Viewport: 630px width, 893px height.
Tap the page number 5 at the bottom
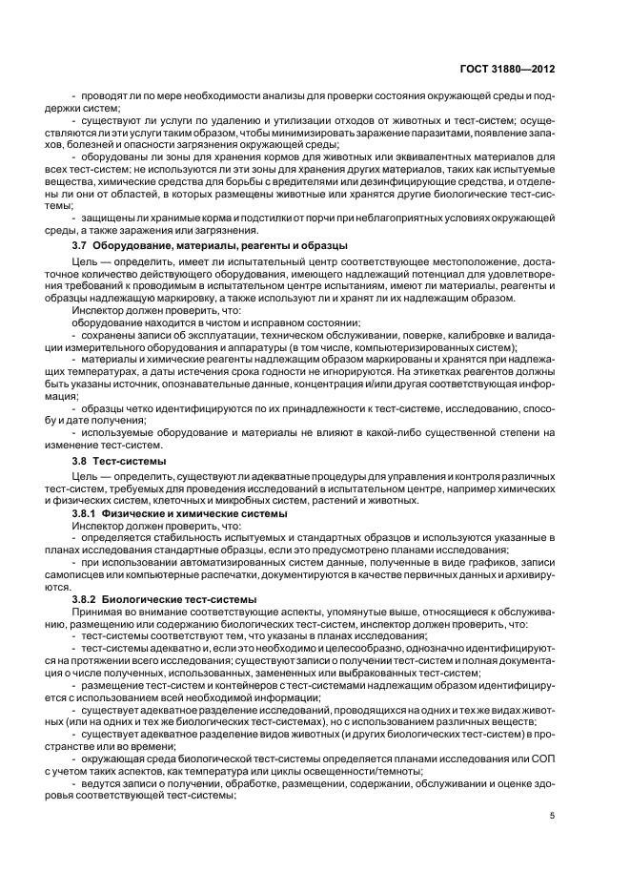pyautogui.click(x=553, y=815)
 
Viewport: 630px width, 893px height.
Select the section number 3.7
pyautogui.click(x=83, y=245)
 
